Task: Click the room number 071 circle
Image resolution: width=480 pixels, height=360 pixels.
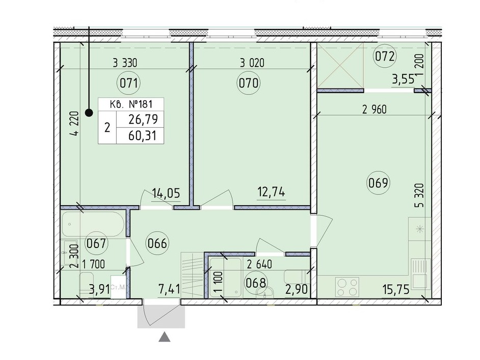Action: coord(129,83)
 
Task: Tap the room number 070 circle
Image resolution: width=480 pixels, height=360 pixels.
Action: coord(249,83)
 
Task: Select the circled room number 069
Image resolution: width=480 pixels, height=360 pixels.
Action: coord(378,183)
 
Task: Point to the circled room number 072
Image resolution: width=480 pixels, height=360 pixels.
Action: coord(385,57)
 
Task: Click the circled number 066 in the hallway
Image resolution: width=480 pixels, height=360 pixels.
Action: coord(157,243)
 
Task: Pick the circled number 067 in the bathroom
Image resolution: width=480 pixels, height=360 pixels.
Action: coord(96,243)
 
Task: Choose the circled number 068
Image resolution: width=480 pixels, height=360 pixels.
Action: coord(256,282)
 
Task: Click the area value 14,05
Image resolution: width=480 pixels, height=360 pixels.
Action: coord(166,193)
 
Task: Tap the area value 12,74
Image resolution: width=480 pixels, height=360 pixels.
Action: coord(271,192)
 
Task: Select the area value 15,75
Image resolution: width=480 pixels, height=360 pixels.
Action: coord(396,289)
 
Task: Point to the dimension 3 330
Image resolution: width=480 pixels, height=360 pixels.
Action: coord(125,63)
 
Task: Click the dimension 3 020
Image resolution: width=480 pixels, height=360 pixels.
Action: coord(252,63)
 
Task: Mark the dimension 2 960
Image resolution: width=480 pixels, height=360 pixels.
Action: coord(375,109)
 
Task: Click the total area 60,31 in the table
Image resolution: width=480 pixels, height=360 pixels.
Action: coord(142,135)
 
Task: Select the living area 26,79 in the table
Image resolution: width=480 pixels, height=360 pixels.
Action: coord(143,119)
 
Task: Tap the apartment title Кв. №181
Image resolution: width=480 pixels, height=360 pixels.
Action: coord(131,104)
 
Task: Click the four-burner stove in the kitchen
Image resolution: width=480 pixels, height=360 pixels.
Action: coord(348,287)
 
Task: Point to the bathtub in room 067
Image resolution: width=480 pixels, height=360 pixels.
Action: coord(93,224)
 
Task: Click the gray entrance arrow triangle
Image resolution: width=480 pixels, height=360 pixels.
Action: coord(165,337)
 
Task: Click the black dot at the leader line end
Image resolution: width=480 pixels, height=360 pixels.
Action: coord(89,113)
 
